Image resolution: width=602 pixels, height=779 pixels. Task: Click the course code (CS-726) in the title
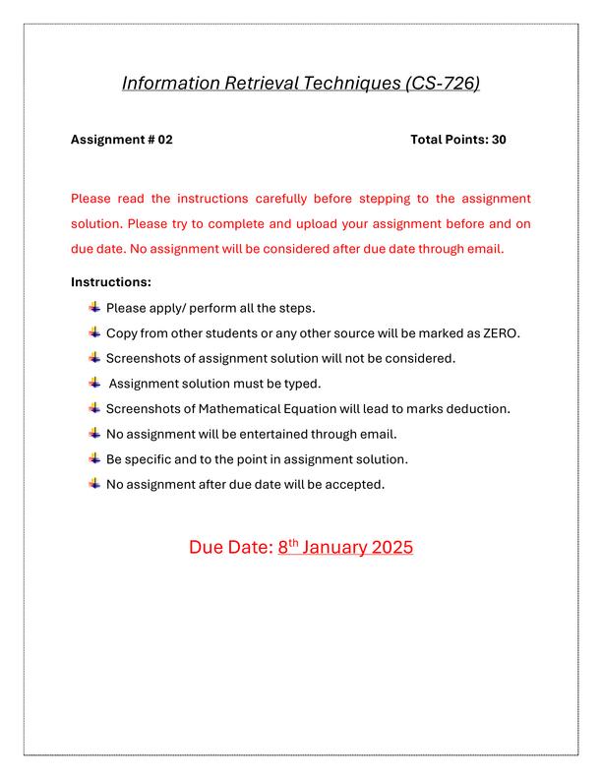click(443, 84)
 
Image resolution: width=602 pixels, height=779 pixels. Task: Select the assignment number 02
click(164, 140)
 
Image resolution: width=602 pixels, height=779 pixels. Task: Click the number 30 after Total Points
click(498, 140)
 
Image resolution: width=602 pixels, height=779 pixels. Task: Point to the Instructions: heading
click(110, 282)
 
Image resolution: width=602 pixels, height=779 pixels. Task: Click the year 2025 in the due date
click(392, 548)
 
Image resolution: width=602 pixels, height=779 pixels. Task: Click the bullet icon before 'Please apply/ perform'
click(94, 308)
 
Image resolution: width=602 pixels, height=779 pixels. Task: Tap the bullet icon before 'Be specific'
click(94, 459)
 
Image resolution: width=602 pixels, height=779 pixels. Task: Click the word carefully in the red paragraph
click(274, 199)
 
